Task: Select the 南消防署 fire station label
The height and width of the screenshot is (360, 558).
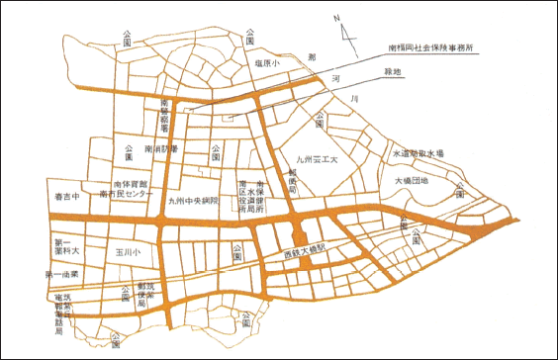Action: pos(159,148)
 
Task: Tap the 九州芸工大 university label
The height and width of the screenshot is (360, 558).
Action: pos(318,158)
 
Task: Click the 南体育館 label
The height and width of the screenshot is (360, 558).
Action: pos(130,185)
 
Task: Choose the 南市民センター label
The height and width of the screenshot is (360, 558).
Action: pos(126,196)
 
